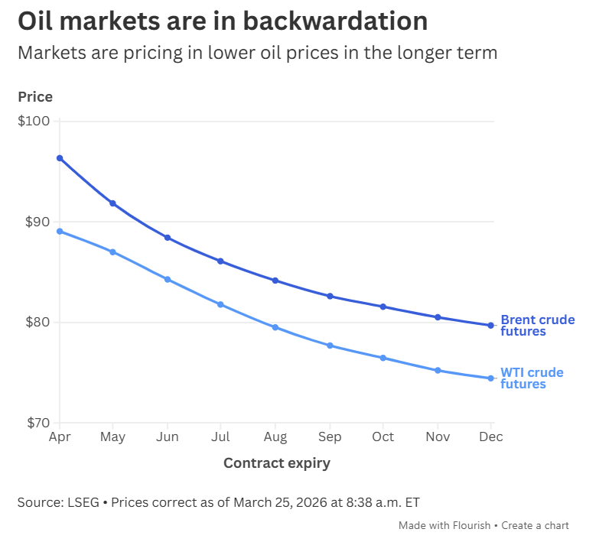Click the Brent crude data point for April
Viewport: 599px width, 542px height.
[60, 158]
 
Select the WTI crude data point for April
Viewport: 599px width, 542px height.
[60, 232]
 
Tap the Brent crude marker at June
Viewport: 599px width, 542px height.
[168, 238]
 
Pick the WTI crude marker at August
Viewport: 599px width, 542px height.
[275, 327]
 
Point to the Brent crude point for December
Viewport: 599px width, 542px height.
[490, 326]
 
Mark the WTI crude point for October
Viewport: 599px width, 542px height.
[383, 358]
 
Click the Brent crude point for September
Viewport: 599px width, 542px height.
[330, 296]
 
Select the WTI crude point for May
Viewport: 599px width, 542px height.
[113, 252]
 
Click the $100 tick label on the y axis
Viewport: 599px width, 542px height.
[33, 121]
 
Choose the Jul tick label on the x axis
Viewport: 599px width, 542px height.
[220, 437]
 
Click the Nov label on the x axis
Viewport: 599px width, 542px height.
[437, 437]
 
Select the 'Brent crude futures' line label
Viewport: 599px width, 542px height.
[537, 326]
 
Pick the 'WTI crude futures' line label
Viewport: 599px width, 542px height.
[532, 378]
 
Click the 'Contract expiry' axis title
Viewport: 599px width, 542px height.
[276, 463]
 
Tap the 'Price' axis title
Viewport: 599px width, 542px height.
[35, 97]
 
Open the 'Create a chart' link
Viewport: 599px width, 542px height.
[536, 526]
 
